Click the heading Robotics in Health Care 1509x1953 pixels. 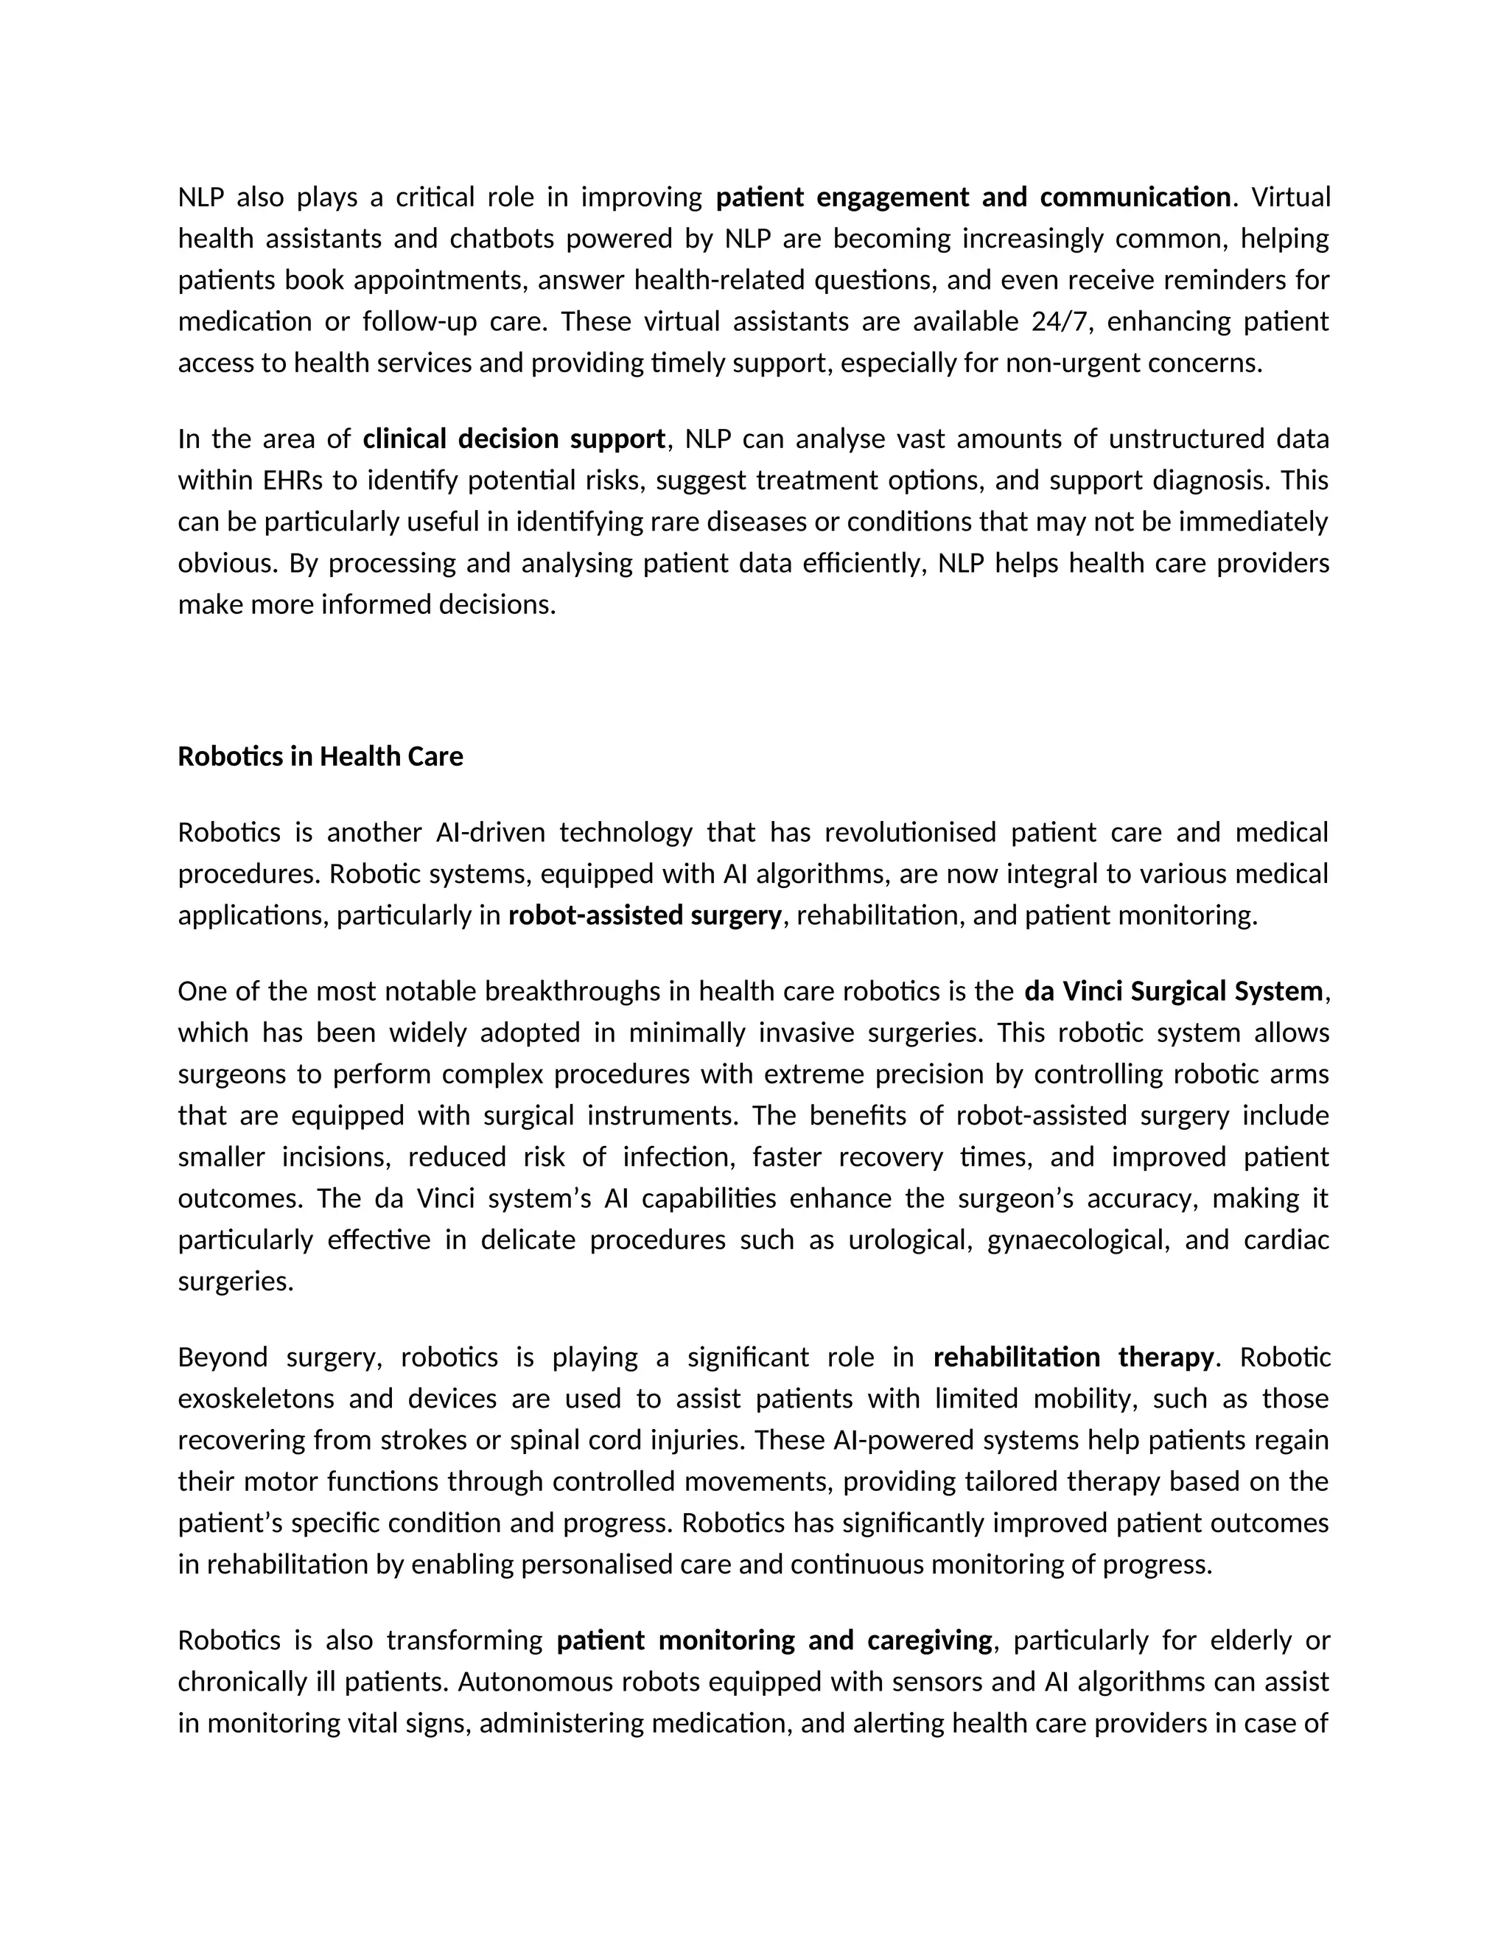coord(320,757)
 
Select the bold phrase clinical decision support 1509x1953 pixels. coord(514,439)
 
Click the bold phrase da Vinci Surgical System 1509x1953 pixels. coord(1173,992)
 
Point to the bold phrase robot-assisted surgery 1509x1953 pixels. coord(645,915)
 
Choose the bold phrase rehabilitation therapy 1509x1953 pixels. coord(1074,1358)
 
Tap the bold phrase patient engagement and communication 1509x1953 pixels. coord(973,197)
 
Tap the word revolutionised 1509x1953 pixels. coord(909,833)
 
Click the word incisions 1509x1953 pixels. coord(337,1157)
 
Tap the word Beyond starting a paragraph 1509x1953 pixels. coord(223,1358)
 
